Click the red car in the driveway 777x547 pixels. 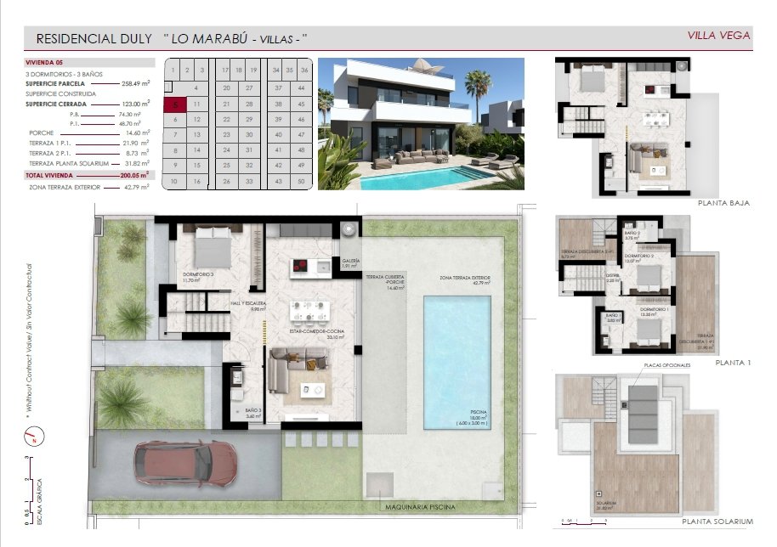tap(188, 463)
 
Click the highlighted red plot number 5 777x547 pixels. tap(173, 105)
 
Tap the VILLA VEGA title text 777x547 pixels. tap(718, 35)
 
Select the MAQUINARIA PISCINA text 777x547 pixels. tap(415, 507)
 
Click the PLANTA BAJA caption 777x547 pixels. tap(723, 203)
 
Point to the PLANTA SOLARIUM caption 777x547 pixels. tap(718, 521)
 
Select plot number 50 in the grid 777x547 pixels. tap(302, 181)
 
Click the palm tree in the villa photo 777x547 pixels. tap(478, 85)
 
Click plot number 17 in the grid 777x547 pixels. tap(225, 70)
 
